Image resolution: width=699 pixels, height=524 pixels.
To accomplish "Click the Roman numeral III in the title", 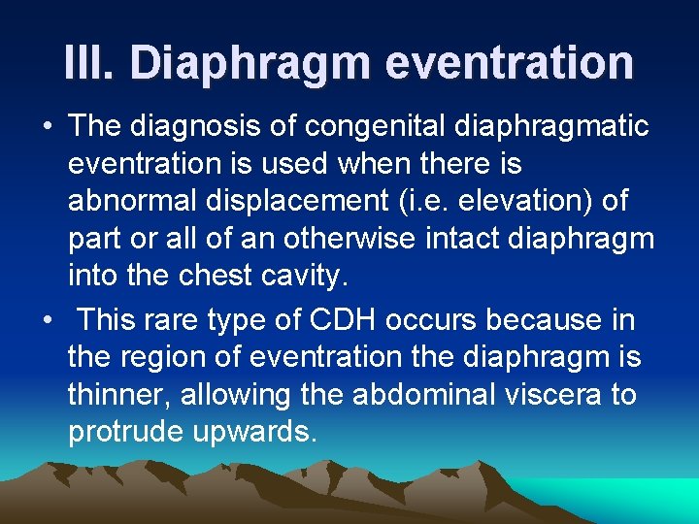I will tap(88, 62).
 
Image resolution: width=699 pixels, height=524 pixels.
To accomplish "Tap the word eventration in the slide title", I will tap(509, 62).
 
